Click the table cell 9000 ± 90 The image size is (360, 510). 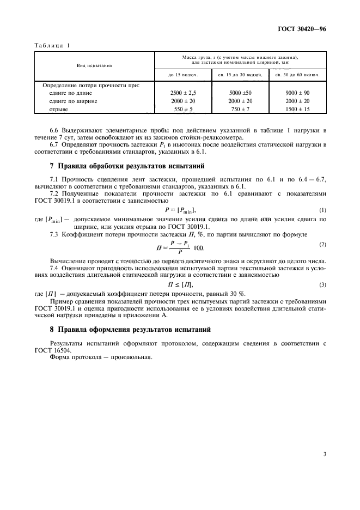(x=297, y=93)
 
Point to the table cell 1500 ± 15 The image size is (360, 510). (x=297, y=109)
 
